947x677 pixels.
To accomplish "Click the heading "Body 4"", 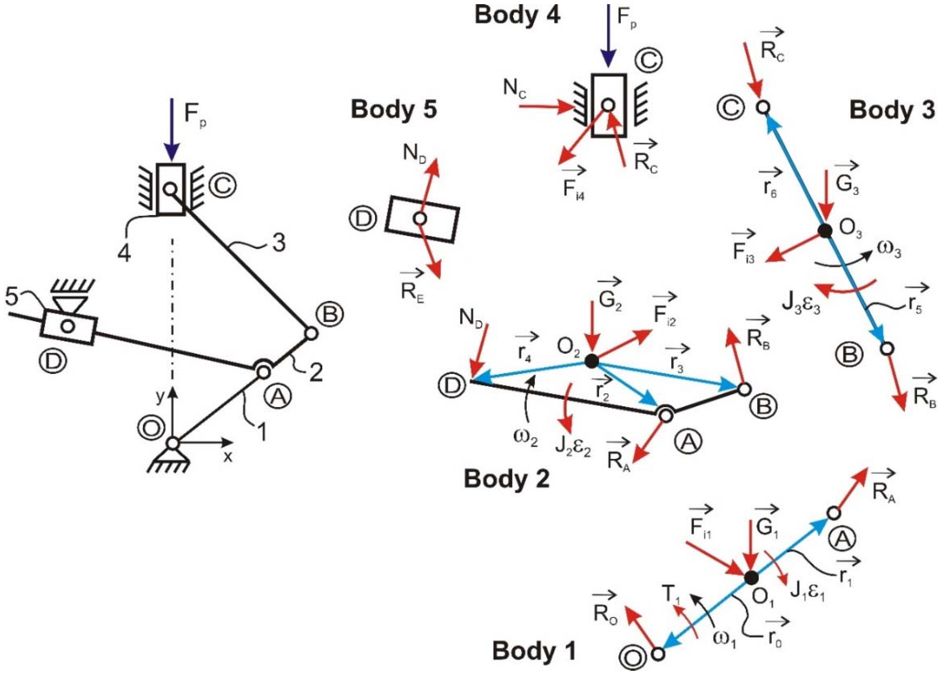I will [517, 15].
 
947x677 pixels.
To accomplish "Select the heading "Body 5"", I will [394, 110].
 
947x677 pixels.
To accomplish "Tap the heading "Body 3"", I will [892, 110].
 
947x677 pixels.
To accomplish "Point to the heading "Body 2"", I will [506, 479].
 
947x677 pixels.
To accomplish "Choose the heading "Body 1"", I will [534, 651].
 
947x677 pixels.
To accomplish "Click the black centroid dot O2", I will [591, 361].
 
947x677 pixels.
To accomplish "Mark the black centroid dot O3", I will [824, 230].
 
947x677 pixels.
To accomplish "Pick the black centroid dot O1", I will [751, 577].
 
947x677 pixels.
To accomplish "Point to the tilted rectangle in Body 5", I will [422, 219].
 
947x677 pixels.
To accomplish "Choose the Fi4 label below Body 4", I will [573, 189].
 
